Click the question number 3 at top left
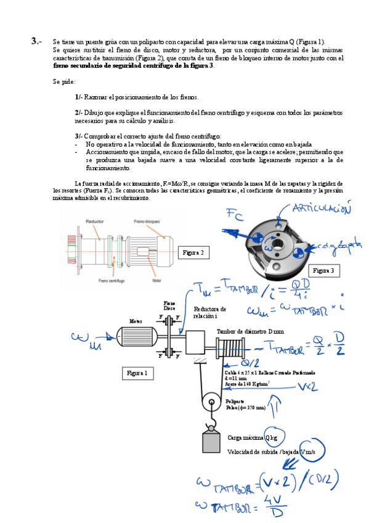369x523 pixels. [35, 41]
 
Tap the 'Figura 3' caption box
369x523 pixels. [326, 270]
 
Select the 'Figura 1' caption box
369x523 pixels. [139, 373]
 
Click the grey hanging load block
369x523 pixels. [212, 442]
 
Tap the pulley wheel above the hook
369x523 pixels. [211, 404]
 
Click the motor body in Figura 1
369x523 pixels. [135, 336]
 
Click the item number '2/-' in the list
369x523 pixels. [78, 112]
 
